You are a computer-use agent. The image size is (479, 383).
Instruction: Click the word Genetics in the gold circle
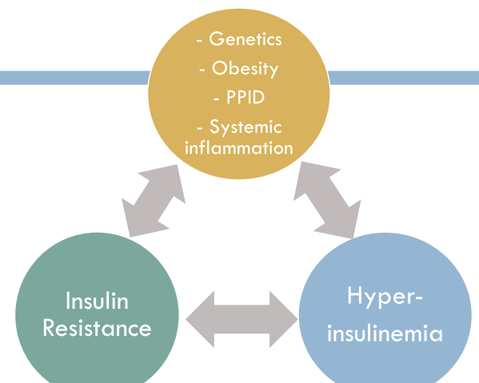tap(245, 39)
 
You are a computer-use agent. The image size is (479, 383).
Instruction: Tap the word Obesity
tap(245, 69)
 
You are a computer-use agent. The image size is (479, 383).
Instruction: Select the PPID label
tap(245, 98)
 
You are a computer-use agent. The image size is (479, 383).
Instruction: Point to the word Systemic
tap(245, 127)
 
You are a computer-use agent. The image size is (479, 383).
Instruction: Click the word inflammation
tap(239, 147)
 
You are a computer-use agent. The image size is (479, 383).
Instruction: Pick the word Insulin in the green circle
tap(97, 301)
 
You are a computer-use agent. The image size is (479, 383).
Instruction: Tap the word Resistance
tap(97, 328)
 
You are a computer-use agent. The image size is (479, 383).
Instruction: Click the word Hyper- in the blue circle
tap(385, 297)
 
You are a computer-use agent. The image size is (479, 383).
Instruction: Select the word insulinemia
tap(385, 333)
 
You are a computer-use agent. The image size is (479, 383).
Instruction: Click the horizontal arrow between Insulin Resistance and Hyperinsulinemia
tap(241, 319)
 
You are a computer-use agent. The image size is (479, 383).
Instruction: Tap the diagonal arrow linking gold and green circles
tap(154, 201)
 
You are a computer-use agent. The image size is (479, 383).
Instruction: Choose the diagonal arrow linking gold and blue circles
tap(327, 200)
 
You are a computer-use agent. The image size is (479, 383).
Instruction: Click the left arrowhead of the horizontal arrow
tap(200, 319)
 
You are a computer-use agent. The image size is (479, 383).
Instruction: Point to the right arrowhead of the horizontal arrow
tap(284, 319)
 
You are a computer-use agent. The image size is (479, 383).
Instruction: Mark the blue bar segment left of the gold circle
tap(75, 78)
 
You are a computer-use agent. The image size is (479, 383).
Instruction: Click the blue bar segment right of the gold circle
tap(403, 78)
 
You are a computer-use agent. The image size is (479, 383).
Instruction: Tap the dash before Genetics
tap(199, 41)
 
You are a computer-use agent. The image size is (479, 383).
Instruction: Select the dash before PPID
tap(217, 99)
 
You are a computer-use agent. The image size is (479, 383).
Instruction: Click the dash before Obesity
tap(202, 70)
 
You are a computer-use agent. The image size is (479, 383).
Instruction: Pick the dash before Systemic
tap(200, 129)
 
